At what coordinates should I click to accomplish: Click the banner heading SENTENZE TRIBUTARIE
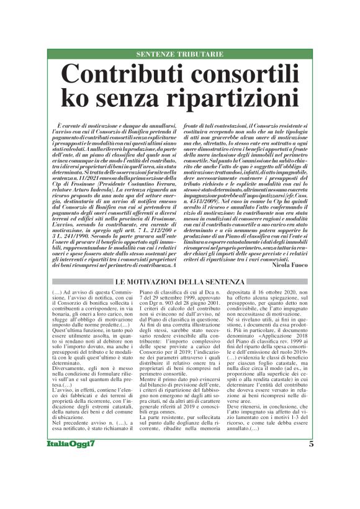[180, 54]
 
